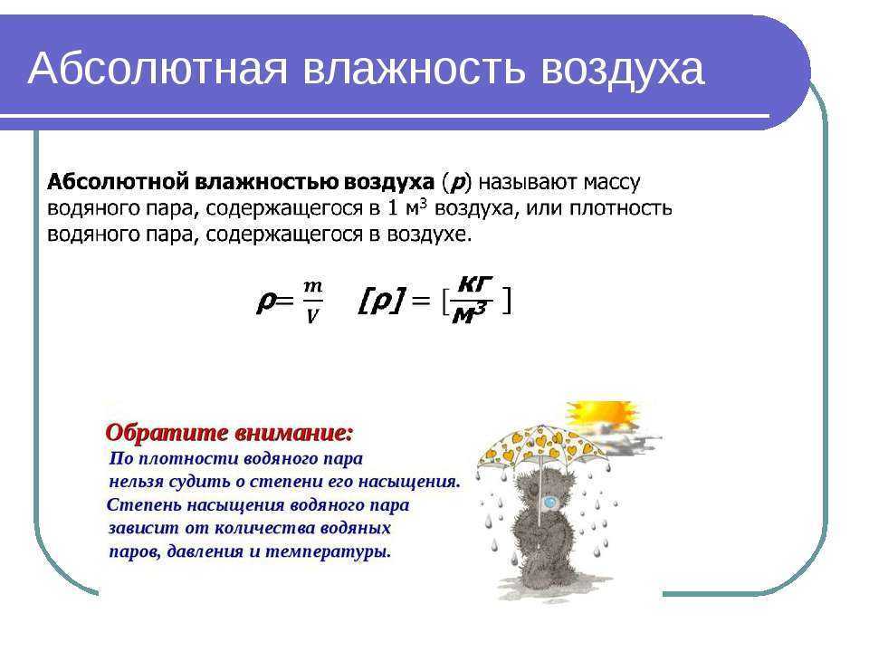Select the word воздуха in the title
click(622, 70)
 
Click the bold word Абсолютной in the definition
click(119, 182)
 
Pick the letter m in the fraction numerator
click(312, 287)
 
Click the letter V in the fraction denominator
click(312, 315)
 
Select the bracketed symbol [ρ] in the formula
click(382, 301)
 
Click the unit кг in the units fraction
click(475, 284)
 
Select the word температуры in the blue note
click(328, 552)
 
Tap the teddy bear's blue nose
click(549, 503)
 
